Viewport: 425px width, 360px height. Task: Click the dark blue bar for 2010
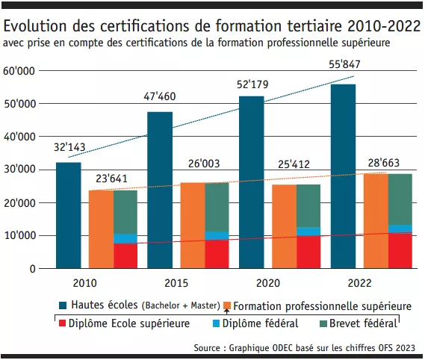(69, 215)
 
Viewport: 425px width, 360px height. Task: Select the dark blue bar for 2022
(343, 176)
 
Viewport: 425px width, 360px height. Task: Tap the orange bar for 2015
(193, 225)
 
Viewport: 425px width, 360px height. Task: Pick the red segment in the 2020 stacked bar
(308, 252)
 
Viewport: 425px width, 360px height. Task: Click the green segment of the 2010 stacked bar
(125, 212)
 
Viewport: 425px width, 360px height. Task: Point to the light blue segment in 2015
(217, 236)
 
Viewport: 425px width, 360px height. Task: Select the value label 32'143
(69, 146)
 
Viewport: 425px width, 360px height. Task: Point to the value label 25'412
(296, 167)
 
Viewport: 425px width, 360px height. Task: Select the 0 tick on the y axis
(33, 269)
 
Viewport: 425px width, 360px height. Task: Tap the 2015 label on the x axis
(176, 285)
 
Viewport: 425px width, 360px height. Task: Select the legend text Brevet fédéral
(366, 323)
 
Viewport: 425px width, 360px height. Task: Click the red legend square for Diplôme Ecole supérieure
(62, 323)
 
